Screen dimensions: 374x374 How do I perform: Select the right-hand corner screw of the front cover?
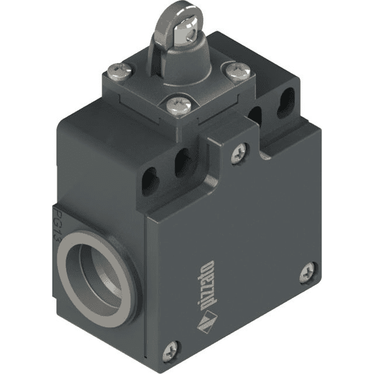coord(308,272)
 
